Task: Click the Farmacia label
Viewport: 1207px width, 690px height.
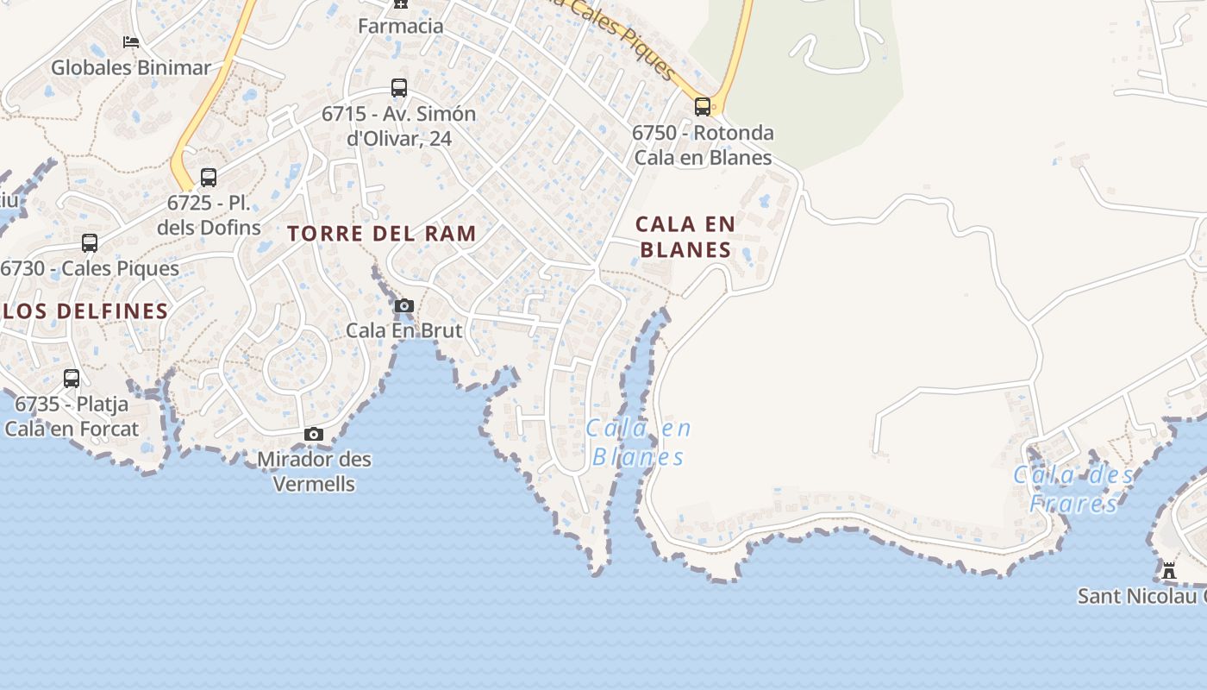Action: (x=401, y=26)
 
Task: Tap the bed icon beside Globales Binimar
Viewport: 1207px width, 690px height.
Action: (x=131, y=41)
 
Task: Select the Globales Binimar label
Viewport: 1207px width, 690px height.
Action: (x=131, y=67)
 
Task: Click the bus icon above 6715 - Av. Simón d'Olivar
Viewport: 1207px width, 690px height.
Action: (x=399, y=87)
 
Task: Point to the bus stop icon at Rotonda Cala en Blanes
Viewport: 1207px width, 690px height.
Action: (x=703, y=107)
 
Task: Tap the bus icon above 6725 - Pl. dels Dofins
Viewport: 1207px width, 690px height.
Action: (x=209, y=178)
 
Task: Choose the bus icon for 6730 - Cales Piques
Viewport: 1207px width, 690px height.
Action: (x=90, y=243)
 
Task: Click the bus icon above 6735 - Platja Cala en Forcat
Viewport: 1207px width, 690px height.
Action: (x=72, y=378)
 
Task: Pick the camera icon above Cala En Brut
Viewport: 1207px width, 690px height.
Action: (x=403, y=305)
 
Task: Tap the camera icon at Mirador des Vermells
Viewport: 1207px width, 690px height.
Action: (x=314, y=434)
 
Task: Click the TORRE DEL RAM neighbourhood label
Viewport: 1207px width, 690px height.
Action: (x=382, y=234)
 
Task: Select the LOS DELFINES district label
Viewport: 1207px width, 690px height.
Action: (x=84, y=311)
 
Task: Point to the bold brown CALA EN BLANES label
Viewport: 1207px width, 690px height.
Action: (x=686, y=237)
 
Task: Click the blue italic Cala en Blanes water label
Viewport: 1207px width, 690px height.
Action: (x=639, y=442)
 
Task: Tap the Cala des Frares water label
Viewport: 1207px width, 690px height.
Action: (x=1073, y=488)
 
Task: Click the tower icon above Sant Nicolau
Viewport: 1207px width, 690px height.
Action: (x=1169, y=570)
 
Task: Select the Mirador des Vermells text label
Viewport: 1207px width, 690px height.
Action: (x=314, y=471)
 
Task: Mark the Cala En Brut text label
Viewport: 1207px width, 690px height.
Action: (x=403, y=330)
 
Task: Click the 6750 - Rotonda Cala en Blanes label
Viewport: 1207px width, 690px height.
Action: (x=703, y=145)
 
